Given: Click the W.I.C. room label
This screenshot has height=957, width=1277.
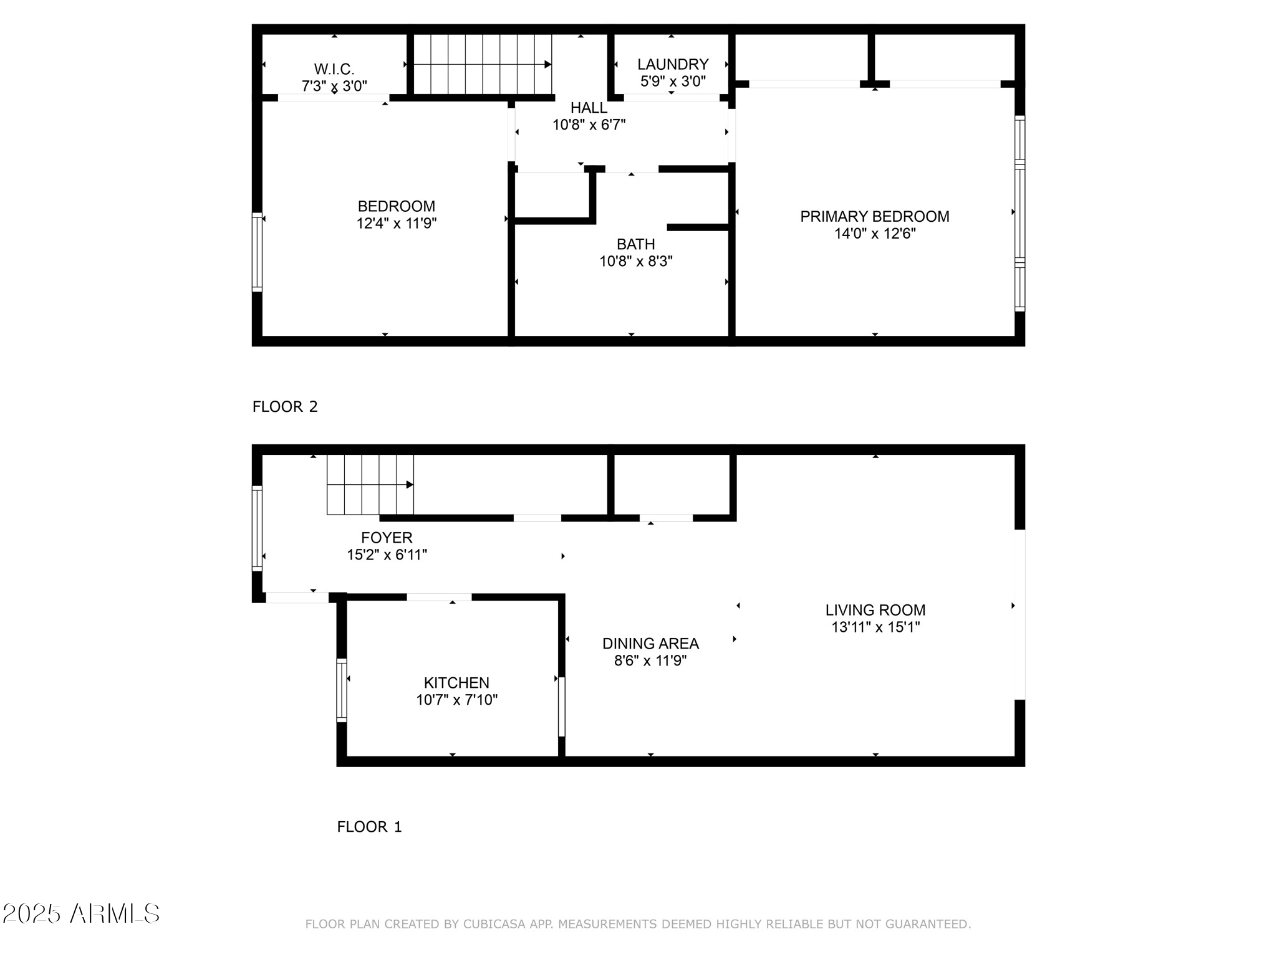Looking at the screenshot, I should pos(334,69).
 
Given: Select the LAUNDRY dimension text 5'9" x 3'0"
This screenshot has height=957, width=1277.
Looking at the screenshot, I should pos(672,81).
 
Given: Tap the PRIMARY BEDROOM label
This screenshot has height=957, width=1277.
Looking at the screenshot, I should pos(874,216).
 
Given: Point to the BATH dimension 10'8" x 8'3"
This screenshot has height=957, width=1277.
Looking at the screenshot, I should pos(635,261).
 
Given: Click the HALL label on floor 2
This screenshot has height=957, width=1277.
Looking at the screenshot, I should pos(589,108).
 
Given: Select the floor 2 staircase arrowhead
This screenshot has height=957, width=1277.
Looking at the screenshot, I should pos(547,64).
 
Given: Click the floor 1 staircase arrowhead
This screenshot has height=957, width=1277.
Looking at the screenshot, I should pos(410,485).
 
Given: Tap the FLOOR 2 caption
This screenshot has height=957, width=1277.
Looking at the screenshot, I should pos(285,407).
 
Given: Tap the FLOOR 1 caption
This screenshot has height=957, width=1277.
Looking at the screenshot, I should pos(369,827).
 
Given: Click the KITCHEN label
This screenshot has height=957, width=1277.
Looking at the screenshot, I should pos(456,683).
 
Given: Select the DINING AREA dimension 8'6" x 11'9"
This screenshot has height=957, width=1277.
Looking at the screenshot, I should pos(650,660).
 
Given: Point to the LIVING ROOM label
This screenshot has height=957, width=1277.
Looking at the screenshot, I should pos(875,610).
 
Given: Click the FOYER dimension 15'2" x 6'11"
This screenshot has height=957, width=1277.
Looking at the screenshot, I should pos(387,555).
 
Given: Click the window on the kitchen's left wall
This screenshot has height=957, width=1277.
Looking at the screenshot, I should pos(342,690).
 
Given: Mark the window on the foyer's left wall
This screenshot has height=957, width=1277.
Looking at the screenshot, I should pos(257,528).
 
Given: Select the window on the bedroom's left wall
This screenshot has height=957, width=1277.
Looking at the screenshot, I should pos(257,252).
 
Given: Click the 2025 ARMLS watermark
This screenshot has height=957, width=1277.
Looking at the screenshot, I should pos(81,914).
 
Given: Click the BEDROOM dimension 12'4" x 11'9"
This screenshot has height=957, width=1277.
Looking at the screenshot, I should pos(396,223).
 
